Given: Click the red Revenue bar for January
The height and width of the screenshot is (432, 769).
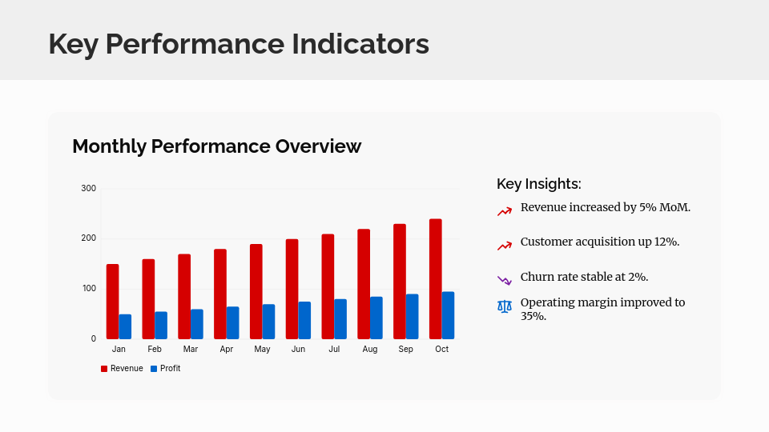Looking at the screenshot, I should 112,302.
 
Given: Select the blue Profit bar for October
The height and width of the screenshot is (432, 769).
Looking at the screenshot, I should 448,315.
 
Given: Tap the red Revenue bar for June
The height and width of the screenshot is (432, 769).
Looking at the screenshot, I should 292,289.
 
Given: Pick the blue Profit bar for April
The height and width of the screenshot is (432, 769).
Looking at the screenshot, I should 232,322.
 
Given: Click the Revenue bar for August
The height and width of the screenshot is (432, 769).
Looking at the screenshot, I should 364,284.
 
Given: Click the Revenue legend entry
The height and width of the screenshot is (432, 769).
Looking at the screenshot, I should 122,369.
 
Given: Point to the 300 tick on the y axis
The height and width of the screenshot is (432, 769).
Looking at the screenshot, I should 88,189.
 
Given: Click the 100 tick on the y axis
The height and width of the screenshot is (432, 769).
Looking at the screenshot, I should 88,289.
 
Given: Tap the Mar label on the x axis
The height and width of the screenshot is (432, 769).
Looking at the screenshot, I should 191,350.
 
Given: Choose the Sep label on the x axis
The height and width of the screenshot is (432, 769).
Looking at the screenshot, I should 406,350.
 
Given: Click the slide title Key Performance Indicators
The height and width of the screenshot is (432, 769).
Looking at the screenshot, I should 239,43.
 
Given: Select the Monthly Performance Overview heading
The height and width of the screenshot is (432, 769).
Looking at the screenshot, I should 216,146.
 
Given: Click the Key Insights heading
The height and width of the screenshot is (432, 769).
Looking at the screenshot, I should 538,184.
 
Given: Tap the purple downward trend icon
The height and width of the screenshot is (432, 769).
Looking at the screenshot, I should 504,280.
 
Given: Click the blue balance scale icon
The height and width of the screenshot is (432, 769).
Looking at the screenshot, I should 504,306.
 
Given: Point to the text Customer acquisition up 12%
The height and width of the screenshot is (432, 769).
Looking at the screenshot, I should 600,242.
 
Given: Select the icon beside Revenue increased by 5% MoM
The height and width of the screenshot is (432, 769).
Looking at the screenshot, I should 504,211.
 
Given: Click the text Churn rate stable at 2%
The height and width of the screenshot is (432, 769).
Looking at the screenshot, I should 584,277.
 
